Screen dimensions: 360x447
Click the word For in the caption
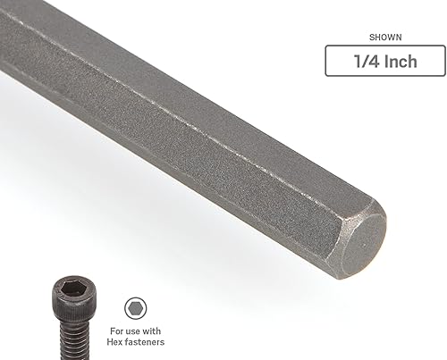coord(116,329)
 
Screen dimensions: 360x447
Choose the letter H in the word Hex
coord(111,340)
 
